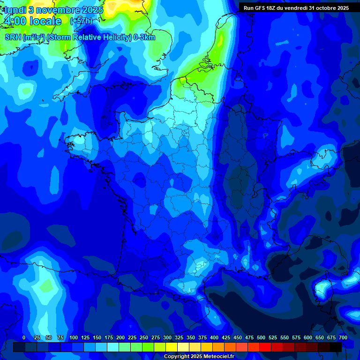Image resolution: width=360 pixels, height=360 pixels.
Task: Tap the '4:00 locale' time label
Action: (33, 22)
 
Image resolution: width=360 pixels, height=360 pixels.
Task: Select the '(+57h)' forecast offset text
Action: (81, 21)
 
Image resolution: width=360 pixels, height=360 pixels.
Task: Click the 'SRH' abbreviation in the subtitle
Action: (13, 37)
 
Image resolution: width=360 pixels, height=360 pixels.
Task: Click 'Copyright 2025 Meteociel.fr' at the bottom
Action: (199, 357)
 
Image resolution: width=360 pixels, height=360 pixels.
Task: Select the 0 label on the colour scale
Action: (23, 338)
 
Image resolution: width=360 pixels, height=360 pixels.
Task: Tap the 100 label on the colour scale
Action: (74, 338)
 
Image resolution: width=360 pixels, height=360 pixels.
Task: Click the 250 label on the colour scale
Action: (144, 338)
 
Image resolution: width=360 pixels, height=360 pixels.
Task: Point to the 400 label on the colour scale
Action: (214, 338)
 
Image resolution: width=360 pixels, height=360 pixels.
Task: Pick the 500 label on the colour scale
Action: (261, 338)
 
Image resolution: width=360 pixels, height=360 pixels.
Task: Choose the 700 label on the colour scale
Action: (343, 338)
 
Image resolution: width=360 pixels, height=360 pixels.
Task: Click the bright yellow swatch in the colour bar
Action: (172, 347)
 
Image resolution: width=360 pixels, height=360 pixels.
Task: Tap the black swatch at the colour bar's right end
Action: (336, 347)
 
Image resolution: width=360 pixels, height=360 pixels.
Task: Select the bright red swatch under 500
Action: (265, 347)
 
